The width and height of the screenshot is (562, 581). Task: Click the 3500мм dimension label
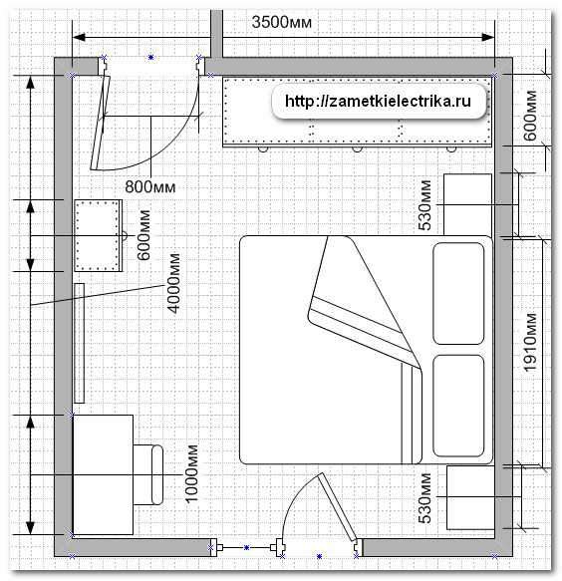pos(282,22)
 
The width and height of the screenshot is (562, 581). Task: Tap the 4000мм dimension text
pos(173,283)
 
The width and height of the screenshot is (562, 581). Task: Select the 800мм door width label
pos(150,186)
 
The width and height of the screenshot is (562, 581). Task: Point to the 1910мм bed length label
pos(530,343)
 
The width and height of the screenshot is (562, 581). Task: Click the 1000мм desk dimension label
pos(191,474)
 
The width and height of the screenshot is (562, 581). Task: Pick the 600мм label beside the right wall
pos(530,116)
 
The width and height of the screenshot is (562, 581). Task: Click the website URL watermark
pos(378,101)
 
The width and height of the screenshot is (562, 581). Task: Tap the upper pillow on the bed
pos(458,293)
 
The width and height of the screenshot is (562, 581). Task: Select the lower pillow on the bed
pos(458,406)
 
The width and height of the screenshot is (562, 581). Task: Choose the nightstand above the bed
pos(468,205)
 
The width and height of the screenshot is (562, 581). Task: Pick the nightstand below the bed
pos(470,497)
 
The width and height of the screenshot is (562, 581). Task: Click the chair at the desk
pos(148,474)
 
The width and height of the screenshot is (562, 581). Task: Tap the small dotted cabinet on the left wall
pos(99,235)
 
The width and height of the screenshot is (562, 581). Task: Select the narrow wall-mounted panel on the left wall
pos(80,343)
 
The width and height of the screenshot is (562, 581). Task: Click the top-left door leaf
pos(101,123)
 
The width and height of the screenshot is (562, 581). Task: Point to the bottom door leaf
pos(337,506)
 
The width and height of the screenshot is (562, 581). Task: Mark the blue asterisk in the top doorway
pos(150,57)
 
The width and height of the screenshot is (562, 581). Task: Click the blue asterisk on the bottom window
pos(246,547)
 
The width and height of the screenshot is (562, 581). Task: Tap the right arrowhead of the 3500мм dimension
pos(488,37)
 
